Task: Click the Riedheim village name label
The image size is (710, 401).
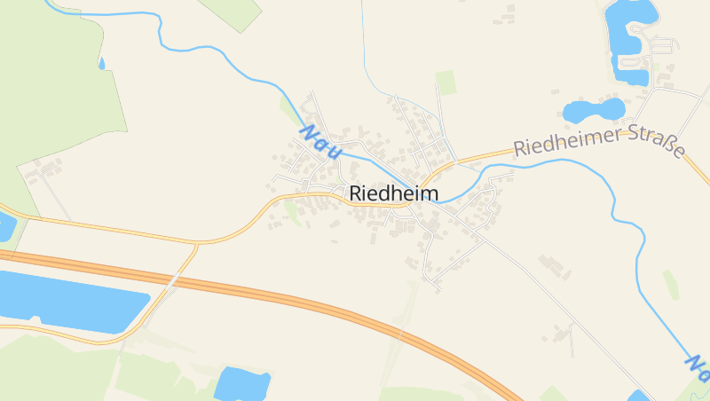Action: click(394, 193)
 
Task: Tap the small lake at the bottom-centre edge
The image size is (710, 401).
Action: click(241, 383)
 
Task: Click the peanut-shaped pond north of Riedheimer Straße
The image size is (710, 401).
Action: click(593, 110)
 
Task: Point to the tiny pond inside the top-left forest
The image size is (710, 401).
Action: click(102, 63)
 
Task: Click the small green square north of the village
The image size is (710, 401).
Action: click(446, 83)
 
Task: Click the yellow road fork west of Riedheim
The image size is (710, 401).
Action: click(198, 242)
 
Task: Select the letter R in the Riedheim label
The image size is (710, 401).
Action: click(356, 193)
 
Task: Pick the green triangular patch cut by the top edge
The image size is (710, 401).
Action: click(234, 11)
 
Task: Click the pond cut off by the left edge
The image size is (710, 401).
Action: click(5, 226)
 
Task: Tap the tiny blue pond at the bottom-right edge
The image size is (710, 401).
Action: click(638, 396)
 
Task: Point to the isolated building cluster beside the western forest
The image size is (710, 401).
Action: click(44, 169)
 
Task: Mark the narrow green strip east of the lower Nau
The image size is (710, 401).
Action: click(670, 284)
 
